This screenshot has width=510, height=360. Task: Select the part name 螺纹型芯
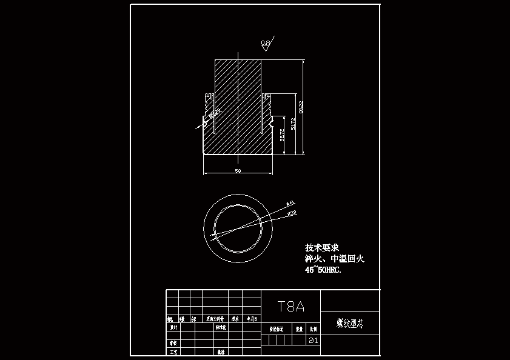(x=350, y=323)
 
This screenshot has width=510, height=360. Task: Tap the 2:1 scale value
(x=313, y=341)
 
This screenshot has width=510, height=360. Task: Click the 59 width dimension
(x=238, y=172)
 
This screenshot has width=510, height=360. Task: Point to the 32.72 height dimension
(x=282, y=138)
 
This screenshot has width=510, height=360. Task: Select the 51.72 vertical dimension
(x=294, y=124)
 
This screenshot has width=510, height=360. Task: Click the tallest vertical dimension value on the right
(x=301, y=107)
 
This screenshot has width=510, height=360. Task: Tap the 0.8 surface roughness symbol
(x=266, y=42)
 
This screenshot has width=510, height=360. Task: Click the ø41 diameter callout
(x=290, y=202)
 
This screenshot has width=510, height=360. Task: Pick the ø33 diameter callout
(x=292, y=213)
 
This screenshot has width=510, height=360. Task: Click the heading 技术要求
(x=322, y=248)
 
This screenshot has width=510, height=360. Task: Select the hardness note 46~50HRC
(x=323, y=270)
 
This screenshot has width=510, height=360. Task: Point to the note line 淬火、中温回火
(x=334, y=259)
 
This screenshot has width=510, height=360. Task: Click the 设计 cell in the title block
(x=173, y=327)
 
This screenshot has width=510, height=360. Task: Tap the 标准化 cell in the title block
(x=221, y=327)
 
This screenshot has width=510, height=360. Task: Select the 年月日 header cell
(x=251, y=318)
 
